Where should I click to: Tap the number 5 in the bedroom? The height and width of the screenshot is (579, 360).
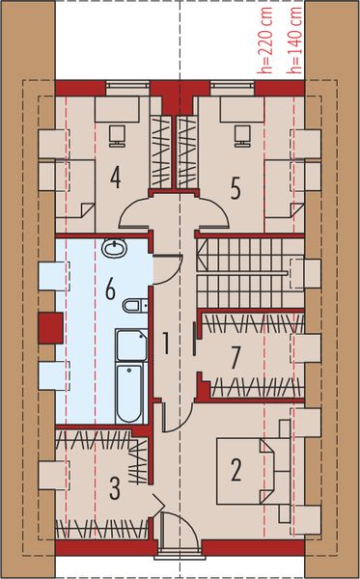(235, 187)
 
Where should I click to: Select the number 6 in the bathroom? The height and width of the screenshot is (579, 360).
(111, 288)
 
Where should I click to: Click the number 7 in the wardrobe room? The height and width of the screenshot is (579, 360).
(235, 358)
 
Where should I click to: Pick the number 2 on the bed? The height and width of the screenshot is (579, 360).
(235, 472)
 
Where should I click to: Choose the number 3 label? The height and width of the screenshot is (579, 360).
(115, 488)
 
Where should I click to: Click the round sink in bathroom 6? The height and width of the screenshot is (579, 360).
(115, 248)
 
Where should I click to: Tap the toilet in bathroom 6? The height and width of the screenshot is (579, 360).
(134, 306)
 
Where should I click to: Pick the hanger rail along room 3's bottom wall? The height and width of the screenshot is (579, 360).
(101, 530)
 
